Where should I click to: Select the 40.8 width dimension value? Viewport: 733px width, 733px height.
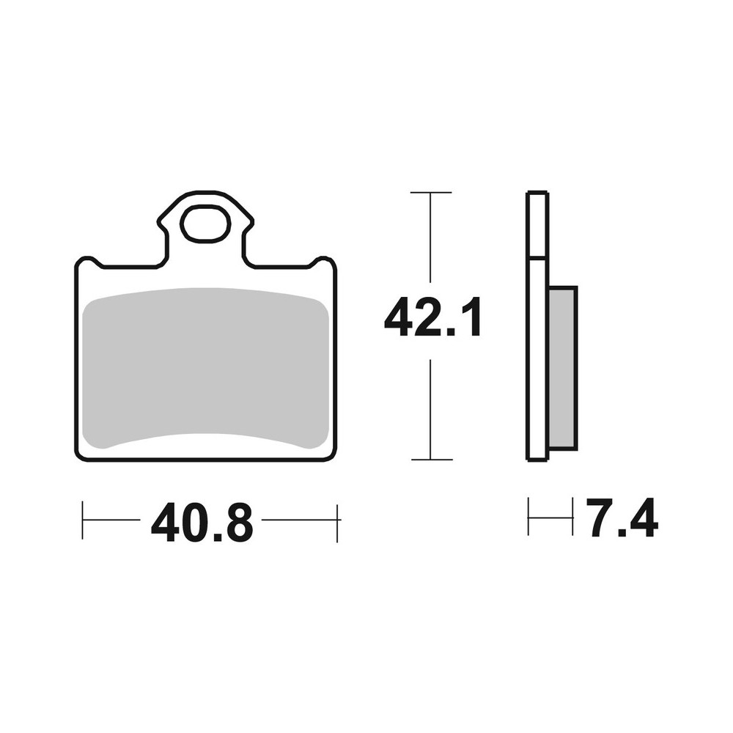click(202, 522)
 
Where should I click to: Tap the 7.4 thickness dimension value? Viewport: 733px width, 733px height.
click(623, 517)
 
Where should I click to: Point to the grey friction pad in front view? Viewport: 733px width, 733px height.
click(206, 368)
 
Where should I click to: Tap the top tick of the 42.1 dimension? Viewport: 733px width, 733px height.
click(430, 192)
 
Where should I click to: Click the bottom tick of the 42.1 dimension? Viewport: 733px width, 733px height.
click(432, 460)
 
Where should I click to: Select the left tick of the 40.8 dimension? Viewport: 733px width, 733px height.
click(82, 520)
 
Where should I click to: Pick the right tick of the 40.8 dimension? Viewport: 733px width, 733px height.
click(336, 523)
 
